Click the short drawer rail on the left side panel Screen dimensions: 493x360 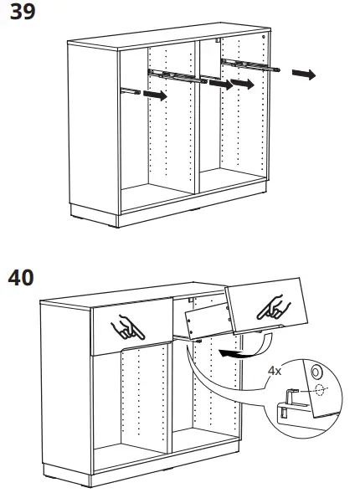(x=128, y=90)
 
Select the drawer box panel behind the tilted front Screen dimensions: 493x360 (x=206, y=323)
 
